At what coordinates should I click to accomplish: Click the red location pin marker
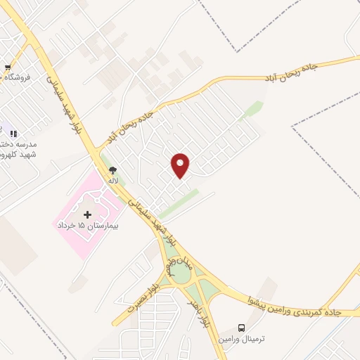(x=181, y=165)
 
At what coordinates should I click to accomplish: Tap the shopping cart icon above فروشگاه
(x=8, y=68)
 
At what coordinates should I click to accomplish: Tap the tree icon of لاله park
(x=112, y=169)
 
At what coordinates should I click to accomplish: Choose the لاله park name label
(x=112, y=180)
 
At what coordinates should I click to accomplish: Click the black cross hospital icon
(x=87, y=214)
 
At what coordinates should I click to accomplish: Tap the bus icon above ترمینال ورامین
(x=242, y=328)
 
